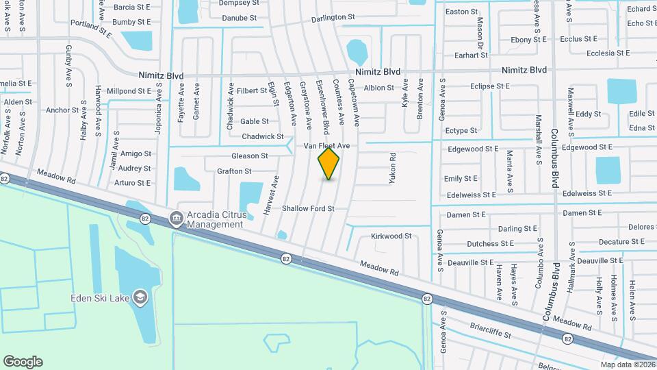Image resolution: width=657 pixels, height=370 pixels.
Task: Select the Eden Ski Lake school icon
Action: click(x=140, y=297)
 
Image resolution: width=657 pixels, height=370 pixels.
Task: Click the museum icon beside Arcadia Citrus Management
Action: click(x=176, y=219)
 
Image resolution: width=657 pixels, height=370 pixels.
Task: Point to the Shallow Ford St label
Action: click(x=308, y=208)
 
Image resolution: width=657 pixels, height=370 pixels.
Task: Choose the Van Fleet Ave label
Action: click(x=327, y=146)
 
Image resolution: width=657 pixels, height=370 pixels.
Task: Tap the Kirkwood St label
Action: click(x=391, y=236)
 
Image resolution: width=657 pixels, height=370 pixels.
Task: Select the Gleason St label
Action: click(x=249, y=156)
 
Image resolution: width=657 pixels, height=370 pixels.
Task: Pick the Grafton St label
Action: click(x=234, y=171)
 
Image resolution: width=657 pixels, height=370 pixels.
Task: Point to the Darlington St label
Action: click(x=333, y=17)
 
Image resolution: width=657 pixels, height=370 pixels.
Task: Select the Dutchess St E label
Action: click(x=490, y=243)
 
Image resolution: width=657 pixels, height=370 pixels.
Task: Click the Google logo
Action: click(x=23, y=362)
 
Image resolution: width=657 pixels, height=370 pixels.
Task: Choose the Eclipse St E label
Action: click(x=490, y=86)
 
